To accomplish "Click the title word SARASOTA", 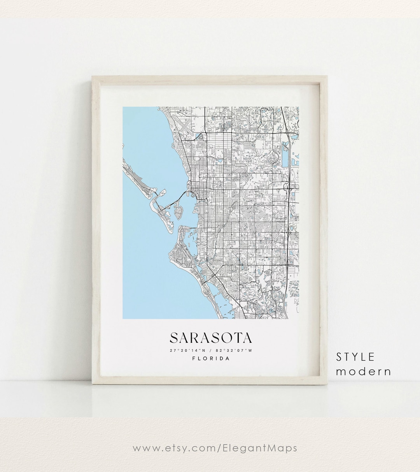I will point(210,338).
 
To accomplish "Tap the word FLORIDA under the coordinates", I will point(211,359).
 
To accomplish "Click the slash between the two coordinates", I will point(210,350).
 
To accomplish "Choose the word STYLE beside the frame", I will point(355,357).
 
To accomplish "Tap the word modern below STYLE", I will point(364,372).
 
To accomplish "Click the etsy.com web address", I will point(215,448).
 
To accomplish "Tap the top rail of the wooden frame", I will point(210,79).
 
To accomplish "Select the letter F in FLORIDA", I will point(194,359).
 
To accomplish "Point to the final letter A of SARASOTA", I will point(247,338).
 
